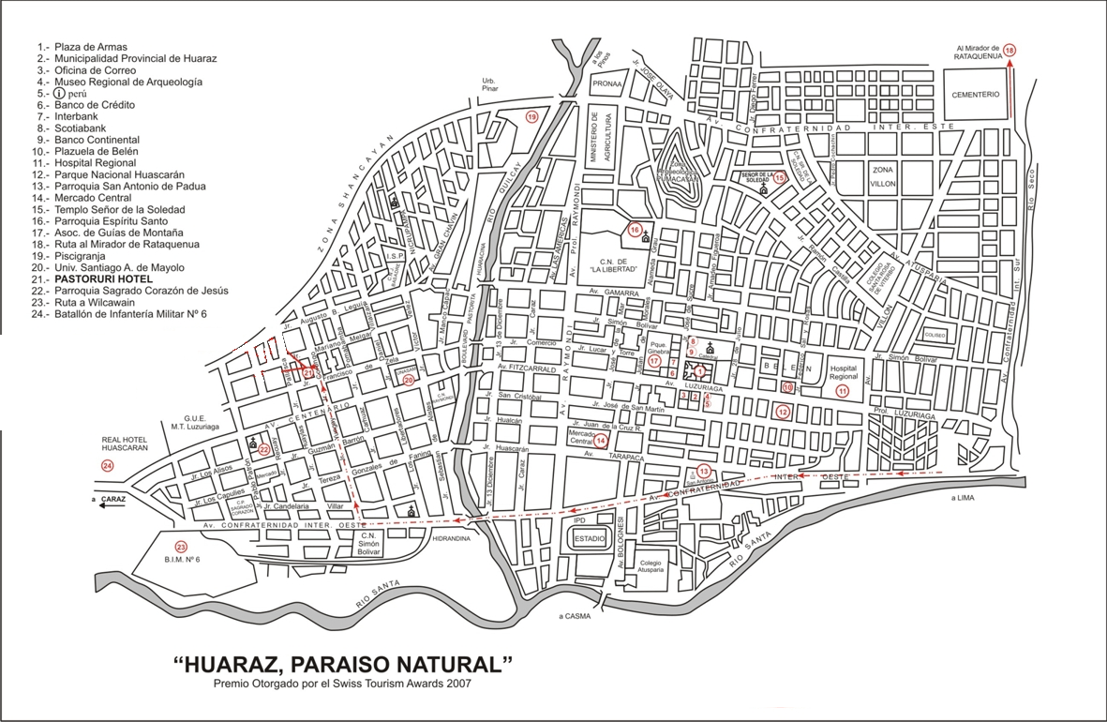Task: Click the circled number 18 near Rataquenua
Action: tap(1010, 50)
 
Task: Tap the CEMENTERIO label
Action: tap(976, 95)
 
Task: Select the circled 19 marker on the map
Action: tap(531, 117)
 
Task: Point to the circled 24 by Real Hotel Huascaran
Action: tap(107, 465)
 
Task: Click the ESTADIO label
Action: tap(589, 540)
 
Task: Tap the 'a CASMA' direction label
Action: tap(574, 616)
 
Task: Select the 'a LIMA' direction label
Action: tap(964, 498)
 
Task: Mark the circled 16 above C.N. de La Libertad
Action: tap(635, 230)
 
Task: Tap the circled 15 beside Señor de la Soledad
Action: tap(780, 178)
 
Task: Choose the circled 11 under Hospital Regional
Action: tap(842, 391)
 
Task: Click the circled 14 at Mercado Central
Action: tap(601, 440)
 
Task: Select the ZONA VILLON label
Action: tap(884, 177)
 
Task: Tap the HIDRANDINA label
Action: tap(452, 539)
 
